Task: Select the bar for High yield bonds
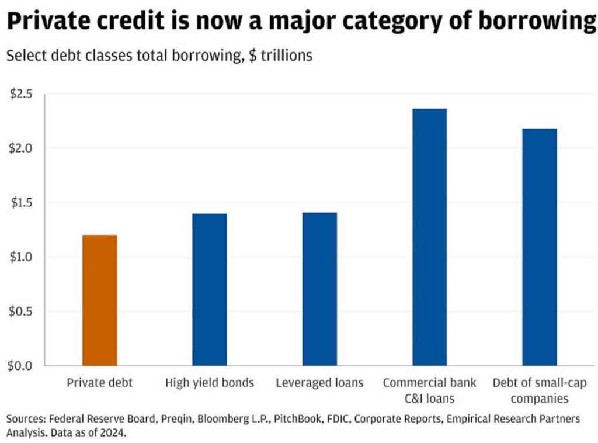tap(209, 289)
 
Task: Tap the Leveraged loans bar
tap(319, 289)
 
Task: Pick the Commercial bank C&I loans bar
tap(429, 237)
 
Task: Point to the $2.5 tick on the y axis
tap(22, 94)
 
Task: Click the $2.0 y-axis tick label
tap(22, 148)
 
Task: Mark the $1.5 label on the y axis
tap(22, 203)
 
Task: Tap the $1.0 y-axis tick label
tap(22, 257)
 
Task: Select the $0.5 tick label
tap(22, 312)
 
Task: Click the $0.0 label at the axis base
tap(22, 366)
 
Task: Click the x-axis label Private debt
tap(99, 383)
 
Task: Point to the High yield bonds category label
tap(209, 383)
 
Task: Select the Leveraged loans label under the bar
tap(319, 383)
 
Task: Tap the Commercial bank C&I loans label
tap(429, 391)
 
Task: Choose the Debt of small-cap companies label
tap(539, 391)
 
